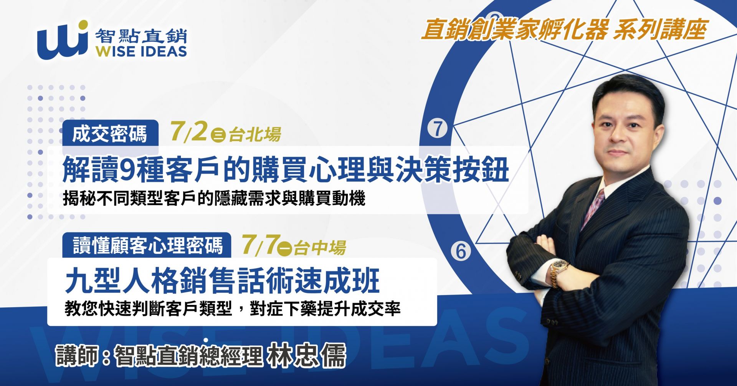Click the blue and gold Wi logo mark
(x=63, y=40)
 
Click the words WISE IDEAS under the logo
(x=142, y=51)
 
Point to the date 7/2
(x=188, y=131)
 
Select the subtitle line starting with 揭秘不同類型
(x=214, y=199)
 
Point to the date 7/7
(x=259, y=244)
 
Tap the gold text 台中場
(x=320, y=248)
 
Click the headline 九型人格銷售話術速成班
(x=223, y=281)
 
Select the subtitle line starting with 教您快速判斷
(x=233, y=308)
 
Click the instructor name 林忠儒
(x=307, y=355)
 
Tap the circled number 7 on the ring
(x=438, y=129)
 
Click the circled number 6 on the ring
(x=461, y=252)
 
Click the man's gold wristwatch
(x=557, y=272)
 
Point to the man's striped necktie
(x=593, y=207)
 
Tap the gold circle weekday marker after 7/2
(x=218, y=135)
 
